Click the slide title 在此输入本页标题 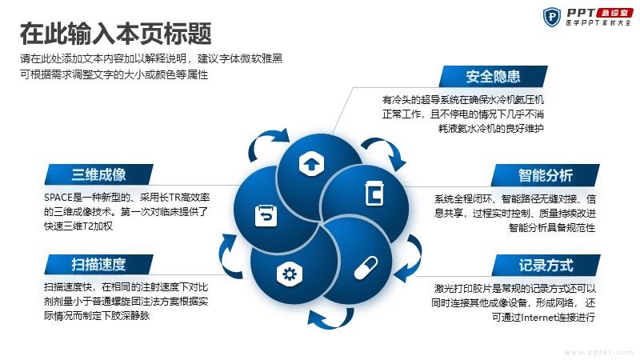pos(116,34)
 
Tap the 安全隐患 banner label pos(493,76)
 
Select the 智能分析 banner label pos(546,175)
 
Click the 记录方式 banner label pos(546,266)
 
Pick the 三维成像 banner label pos(98,174)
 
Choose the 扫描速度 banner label pos(98,264)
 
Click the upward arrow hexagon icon pos(311,164)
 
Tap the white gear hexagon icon pos(290,274)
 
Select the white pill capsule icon pos(366,268)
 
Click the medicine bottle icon pos(374,193)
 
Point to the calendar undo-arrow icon pos(266,216)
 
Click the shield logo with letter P pos(552,17)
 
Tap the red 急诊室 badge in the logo pos(614,13)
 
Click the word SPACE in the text pos(58,198)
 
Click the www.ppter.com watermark pos(599,352)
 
